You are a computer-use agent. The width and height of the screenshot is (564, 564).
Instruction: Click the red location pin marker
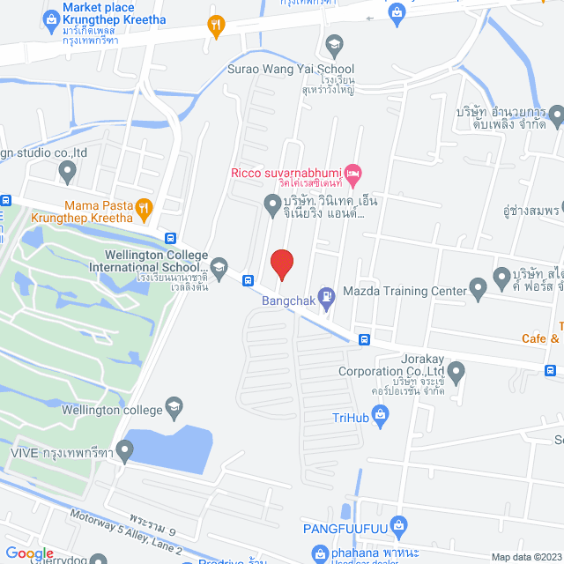pyautogui.click(x=281, y=264)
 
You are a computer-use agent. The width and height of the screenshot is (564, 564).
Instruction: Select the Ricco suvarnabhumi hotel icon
pyautogui.click(x=352, y=172)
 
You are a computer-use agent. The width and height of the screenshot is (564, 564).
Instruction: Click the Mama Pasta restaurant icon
pyautogui.click(x=145, y=209)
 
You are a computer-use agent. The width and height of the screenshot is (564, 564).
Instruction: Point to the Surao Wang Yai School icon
pyautogui.click(x=334, y=43)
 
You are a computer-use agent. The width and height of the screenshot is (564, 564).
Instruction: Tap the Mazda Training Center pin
pyautogui.click(x=479, y=286)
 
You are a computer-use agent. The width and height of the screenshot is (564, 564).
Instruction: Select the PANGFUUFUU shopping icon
pyautogui.click(x=399, y=527)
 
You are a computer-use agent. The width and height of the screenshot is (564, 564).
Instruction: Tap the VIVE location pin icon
pyautogui.click(x=124, y=452)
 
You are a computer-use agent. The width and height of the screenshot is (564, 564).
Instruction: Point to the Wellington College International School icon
pyautogui.click(x=219, y=265)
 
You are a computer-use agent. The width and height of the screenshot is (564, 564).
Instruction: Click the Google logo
pyautogui.click(x=30, y=553)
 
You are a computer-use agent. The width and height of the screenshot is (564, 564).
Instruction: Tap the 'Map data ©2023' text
pyautogui.click(x=525, y=556)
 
